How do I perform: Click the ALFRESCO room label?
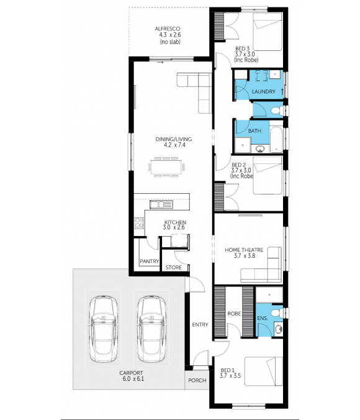[x=168, y=29]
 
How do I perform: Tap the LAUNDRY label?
[x=264, y=93]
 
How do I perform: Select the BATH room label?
[x=254, y=131]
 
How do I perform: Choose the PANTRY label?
[x=149, y=261]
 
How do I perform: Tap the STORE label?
[x=174, y=268]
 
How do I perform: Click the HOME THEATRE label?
[x=244, y=250]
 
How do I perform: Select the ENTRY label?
[x=200, y=324]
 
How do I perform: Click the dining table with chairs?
[x=166, y=167]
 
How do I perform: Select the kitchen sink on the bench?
[x=164, y=204]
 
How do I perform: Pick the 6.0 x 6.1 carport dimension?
[x=132, y=380]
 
